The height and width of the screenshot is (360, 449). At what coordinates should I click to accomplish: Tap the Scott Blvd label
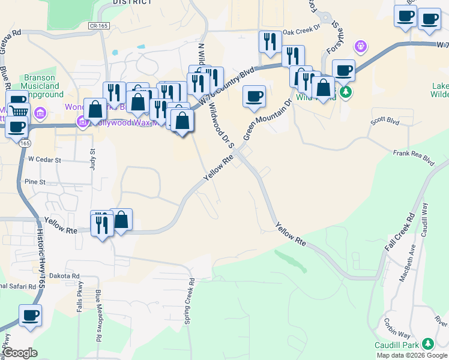(385, 121)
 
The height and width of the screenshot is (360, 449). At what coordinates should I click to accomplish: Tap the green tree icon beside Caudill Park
(428, 344)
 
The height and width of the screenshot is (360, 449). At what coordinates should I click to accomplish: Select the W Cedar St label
(45, 160)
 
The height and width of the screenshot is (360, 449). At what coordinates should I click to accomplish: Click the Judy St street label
(93, 159)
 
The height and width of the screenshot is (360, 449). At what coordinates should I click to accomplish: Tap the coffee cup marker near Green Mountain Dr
(254, 96)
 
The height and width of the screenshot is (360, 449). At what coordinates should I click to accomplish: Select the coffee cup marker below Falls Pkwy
(30, 314)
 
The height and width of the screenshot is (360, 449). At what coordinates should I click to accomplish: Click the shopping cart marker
(20, 110)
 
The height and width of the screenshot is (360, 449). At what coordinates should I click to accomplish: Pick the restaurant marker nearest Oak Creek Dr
(270, 42)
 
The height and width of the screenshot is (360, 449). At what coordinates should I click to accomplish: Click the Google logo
(21, 353)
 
